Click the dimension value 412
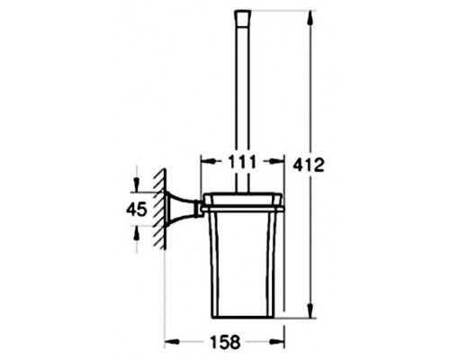[x=309, y=166]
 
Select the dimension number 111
[x=242, y=162]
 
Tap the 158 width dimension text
[x=225, y=342]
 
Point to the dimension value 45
[x=137, y=209]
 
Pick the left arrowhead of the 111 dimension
[x=208, y=161]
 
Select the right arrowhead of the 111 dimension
[x=276, y=161]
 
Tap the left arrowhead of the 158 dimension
[x=173, y=342]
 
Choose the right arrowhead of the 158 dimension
[x=276, y=342]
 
